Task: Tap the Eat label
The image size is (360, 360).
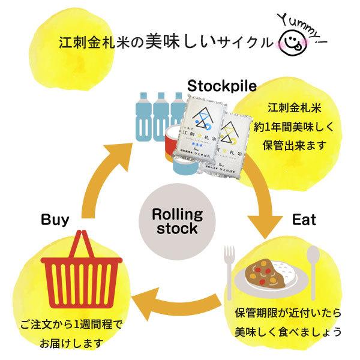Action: [x=304, y=220]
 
